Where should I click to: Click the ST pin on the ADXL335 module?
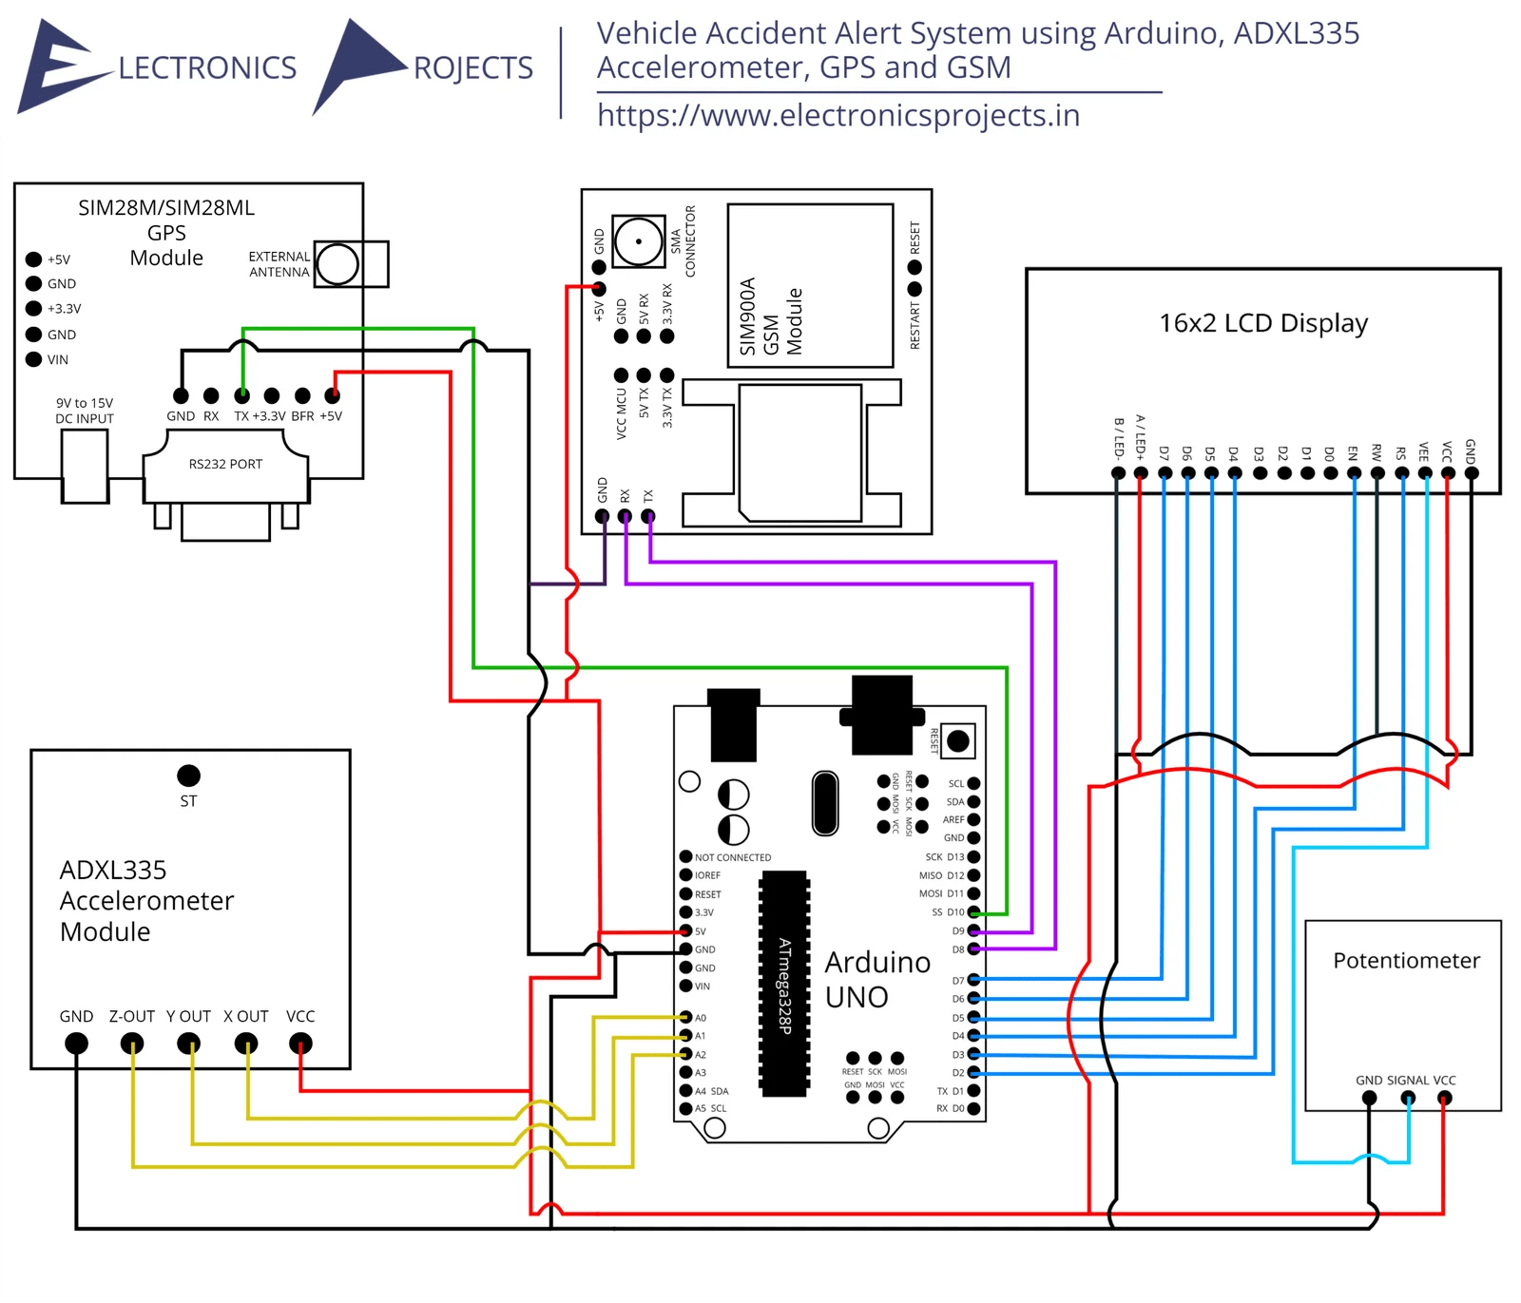(188, 776)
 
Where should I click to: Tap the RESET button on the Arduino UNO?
(958, 741)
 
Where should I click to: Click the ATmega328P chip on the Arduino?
(784, 984)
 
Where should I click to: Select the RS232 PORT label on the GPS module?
(225, 464)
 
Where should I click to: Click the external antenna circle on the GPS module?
(337, 264)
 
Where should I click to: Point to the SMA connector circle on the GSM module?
(638, 241)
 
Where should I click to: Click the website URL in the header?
(838, 116)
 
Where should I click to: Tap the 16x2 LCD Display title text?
(1262, 323)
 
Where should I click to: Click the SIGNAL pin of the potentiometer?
(1408, 1099)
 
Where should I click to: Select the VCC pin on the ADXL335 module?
(300, 1044)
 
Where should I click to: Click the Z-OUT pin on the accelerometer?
(132, 1044)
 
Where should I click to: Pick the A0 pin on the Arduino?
(685, 1017)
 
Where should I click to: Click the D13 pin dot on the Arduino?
(973, 857)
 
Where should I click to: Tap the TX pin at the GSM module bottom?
(648, 516)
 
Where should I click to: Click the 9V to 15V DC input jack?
(85, 465)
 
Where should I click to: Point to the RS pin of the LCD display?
(1401, 472)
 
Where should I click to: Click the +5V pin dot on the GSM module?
(599, 288)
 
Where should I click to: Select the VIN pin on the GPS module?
(33, 359)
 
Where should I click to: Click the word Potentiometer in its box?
(1406, 961)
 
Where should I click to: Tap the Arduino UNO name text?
(876, 980)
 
